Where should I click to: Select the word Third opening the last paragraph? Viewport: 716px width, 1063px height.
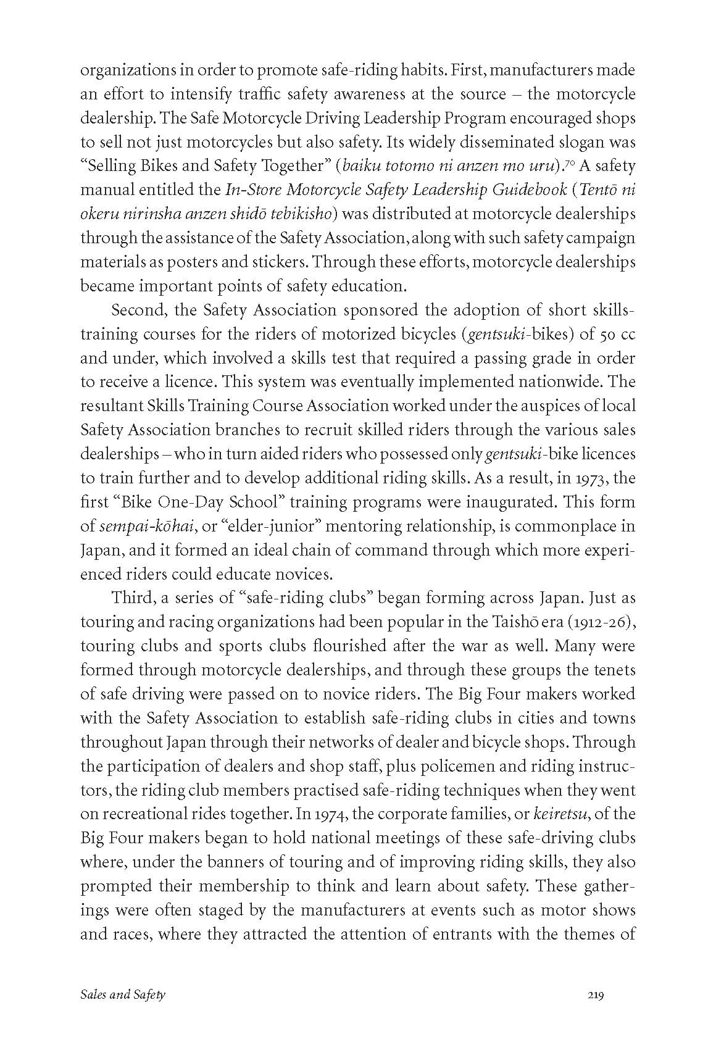coord(130,598)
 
